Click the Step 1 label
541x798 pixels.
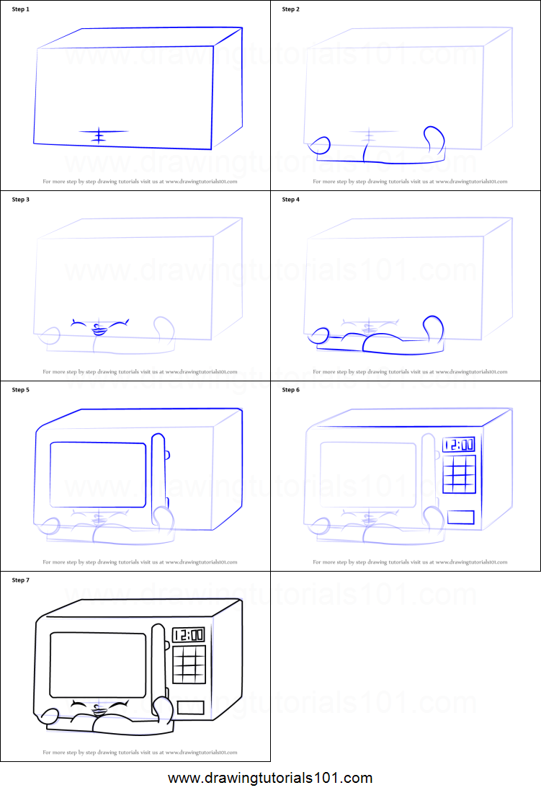coord(21,9)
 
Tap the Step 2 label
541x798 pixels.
coord(291,9)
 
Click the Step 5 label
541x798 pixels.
coord(21,390)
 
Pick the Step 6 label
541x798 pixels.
coord(291,390)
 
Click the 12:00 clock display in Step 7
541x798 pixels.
coord(188,635)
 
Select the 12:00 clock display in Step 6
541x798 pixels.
coord(458,445)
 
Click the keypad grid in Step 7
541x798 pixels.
coord(189,665)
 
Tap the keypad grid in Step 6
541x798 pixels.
coord(459,475)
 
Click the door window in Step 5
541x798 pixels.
coord(98,474)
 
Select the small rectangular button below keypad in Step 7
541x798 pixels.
coord(191,707)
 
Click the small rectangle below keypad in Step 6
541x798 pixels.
coord(460,517)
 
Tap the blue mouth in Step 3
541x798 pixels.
coord(99,331)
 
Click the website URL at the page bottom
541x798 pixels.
coord(270,779)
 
